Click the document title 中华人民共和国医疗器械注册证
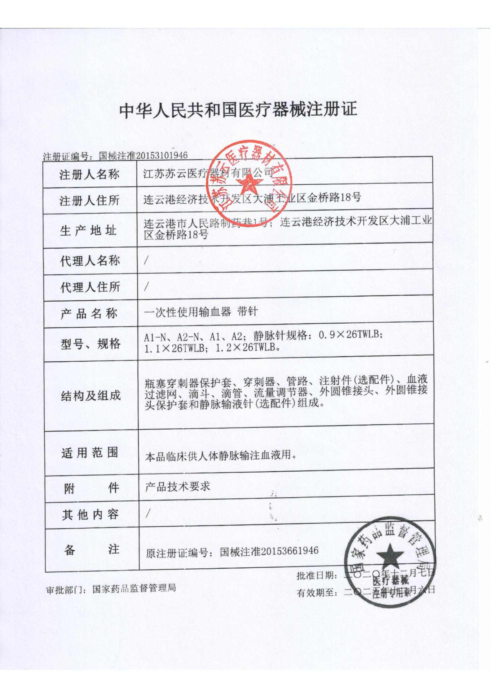pyautogui.click(x=238, y=110)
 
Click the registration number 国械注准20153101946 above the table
pyautogui.click(x=143, y=155)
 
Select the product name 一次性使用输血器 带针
pyautogui.click(x=201, y=312)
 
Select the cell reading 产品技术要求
pyautogui.click(x=177, y=487)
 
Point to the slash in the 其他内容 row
pyautogui.click(x=147, y=514)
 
